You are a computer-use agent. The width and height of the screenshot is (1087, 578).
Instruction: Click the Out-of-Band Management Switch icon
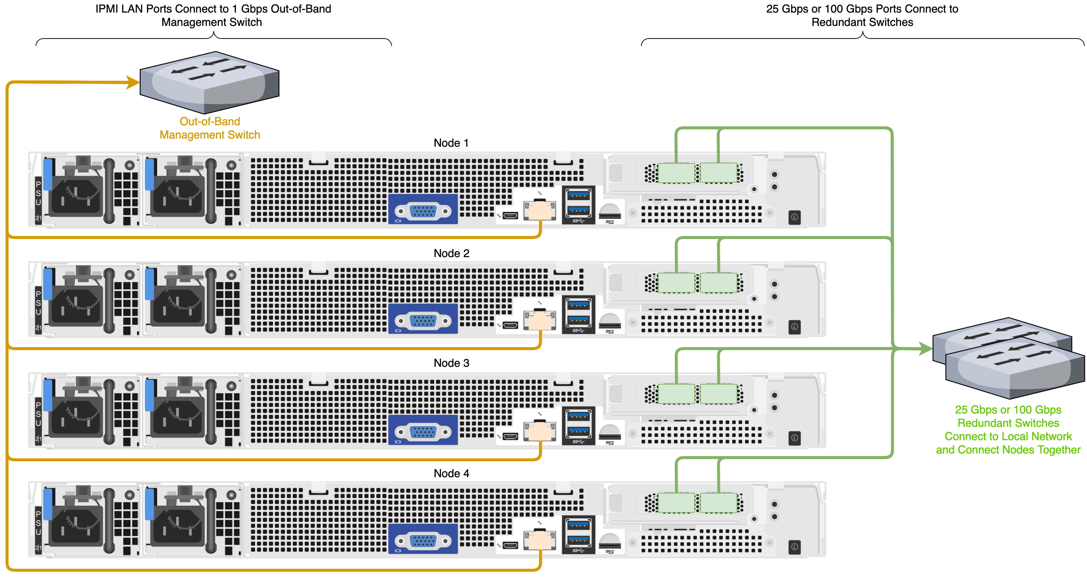point(209,82)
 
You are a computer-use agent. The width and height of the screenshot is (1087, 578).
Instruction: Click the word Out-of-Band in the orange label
point(210,122)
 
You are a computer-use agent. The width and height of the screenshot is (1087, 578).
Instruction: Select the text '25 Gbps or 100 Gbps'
point(1008,410)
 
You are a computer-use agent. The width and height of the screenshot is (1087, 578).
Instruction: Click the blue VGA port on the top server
point(423,210)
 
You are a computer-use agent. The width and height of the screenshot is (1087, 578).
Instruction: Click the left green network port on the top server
point(676,173)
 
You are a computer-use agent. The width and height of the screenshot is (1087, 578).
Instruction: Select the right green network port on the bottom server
point(719,503)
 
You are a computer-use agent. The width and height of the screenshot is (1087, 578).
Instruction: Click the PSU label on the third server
point(39,414)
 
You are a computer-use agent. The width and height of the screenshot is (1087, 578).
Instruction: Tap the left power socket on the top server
point(76,196)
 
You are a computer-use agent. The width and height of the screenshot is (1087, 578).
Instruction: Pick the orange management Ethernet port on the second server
point(540,320)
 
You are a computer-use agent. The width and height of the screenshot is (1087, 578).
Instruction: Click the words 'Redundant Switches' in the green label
point(1008,423)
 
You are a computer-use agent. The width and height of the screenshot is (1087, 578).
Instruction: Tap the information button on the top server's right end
point(794,217)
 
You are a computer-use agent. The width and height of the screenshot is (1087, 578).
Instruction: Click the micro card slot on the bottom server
point(610,542)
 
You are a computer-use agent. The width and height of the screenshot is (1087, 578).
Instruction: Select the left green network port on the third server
point(676,393)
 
